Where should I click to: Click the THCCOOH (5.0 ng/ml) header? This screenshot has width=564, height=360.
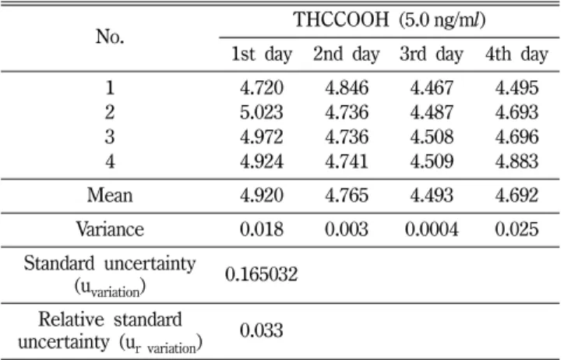pyautogui.click(x=390, y=19)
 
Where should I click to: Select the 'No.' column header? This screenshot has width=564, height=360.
pyautogui.click(x=110, y=37)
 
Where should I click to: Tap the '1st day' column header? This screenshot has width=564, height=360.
pyautogui.click(x=262, y=55)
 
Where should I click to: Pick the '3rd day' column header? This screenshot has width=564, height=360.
pyautogui.click(x=432, y=55)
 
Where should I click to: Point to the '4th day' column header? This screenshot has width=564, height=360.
pyautogui.click(x=516, y=55)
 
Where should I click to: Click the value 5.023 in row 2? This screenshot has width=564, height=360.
pyautogui.click(x=262, y=112)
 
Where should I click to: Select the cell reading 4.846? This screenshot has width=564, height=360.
pyautogui.click(x=347, y=87)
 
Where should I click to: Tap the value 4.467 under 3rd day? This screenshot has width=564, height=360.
pyautogui.click(x=432, y=87)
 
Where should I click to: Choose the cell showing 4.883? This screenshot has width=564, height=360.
pyautogui.click(x=517, y=161)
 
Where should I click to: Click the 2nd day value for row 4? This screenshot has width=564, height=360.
pyautogui.click(x=347, y=161)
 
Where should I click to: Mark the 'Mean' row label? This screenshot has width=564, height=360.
pyautogui.click(x=110, y=196)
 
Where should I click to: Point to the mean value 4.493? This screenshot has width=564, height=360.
pyautogui.click(x=432, y=196)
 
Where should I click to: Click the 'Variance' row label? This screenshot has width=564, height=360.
pyautogui.click(x=110, y=229)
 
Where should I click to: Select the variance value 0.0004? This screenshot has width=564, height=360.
pyautogui.click(x=432, y=229)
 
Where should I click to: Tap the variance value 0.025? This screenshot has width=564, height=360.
pyautogui.click(x=517, y=229)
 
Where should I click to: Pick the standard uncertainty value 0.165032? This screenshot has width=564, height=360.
pyautogui.click(x=262, y=274)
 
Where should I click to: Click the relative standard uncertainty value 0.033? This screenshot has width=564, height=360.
pyautogui.click(x=262, y=330)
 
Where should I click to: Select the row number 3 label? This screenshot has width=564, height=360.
pyautogui.click(x=110, y=136)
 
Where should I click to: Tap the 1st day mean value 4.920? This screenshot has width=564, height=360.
pyautogui.click(x=262, y=196)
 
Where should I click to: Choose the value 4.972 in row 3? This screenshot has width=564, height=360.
pyautogui.click(x=262, y=136)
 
